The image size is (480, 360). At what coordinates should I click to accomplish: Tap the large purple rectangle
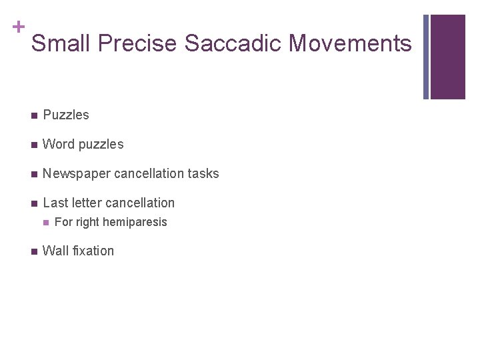pos(447,57)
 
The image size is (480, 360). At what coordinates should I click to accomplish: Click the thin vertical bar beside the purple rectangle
pos(427,57)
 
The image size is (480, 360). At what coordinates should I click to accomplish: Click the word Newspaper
pos(76,173)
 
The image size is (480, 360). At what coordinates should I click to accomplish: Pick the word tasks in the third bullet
pos(203,173)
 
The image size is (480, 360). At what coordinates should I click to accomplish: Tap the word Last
pos(55,203)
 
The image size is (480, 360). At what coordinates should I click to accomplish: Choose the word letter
pos(85,203)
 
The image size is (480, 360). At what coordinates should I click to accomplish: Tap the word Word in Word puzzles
pos(58,144)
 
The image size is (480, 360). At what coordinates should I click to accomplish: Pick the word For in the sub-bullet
pos(63,222)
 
